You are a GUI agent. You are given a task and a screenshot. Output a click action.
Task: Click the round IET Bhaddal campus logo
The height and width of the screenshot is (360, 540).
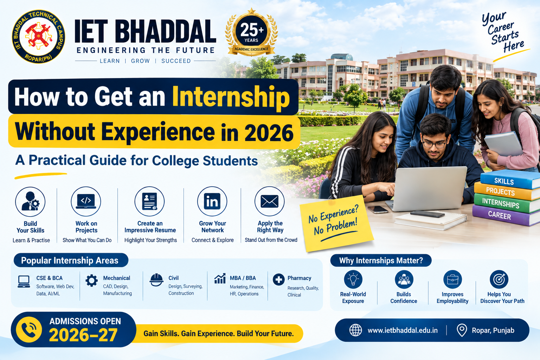[38, 37]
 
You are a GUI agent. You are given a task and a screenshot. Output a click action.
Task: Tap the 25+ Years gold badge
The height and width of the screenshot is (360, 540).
[251, 32]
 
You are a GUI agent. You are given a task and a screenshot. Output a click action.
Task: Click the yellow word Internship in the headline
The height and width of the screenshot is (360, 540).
[231, 96]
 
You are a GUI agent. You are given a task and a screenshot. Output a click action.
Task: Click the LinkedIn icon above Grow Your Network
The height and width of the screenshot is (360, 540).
[212, 201]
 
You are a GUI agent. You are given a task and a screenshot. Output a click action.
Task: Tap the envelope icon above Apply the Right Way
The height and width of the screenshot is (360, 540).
[270, 201]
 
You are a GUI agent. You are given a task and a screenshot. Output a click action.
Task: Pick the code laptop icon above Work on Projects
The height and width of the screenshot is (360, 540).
[86, 201]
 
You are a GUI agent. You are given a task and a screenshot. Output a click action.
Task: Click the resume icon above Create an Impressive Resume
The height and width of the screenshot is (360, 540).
[149, 201]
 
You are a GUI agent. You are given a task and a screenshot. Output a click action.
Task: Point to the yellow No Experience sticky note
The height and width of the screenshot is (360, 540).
[336, 223]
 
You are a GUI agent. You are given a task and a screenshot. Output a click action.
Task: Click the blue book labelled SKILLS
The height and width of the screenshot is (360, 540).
[510, 179]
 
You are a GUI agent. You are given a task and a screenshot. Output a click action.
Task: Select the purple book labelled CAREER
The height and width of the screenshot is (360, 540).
[506, 215]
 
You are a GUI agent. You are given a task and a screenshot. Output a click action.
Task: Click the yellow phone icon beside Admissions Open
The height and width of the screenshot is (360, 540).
[29, 330]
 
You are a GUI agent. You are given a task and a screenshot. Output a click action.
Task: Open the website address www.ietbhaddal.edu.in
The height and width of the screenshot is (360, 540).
[403, 330]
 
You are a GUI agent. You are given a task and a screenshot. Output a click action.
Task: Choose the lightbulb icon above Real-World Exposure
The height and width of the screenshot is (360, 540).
[353, 279]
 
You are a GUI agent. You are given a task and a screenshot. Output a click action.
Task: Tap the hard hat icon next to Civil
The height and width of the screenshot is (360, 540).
[156, 280]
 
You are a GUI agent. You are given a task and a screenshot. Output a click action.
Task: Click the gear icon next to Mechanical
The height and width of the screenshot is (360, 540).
[92, 281]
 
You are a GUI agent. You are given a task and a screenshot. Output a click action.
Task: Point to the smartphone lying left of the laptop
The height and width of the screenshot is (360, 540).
[378, 210]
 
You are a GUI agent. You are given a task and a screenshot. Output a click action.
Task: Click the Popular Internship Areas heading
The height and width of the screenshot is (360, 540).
[70, 261]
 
